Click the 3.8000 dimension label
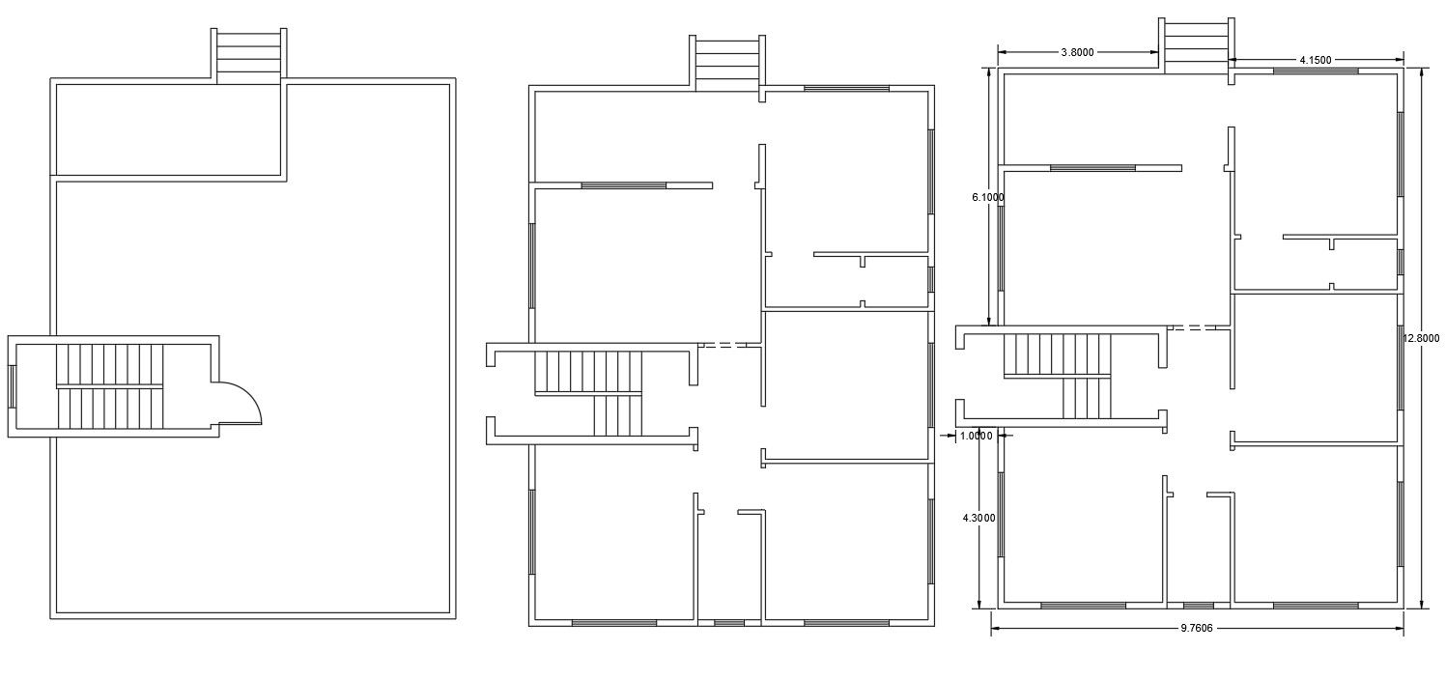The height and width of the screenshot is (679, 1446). [1077, 52]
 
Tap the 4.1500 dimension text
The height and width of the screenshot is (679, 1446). [1315, 60]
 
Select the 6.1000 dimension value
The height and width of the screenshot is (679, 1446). [988, 197]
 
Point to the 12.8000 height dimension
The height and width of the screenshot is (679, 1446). [1421, 338]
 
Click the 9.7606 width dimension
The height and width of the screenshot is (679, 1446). [1196, 628]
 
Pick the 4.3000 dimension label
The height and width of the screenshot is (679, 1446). [978, 518]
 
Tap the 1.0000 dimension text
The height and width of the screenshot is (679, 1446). [976, 437]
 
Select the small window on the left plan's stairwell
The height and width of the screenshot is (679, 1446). [12, 386]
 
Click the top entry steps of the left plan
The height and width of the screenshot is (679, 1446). [248, 56]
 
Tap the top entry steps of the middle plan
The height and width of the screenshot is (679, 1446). [727, 63]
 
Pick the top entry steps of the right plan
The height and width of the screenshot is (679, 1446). [1197, 45]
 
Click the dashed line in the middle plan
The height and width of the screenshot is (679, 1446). [723, 346]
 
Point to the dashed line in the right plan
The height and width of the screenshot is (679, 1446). [1192, 327]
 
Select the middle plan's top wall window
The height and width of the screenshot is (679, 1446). [846, 88]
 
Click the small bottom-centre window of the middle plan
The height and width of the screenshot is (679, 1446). [729, 623]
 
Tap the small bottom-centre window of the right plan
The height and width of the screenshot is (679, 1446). [1198, 606]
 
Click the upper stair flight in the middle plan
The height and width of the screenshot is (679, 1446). [588, 373]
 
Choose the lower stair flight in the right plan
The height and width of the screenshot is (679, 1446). [1087, 398]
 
